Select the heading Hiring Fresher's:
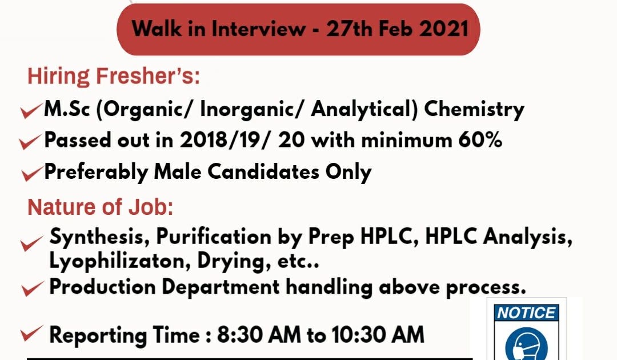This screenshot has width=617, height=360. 114,76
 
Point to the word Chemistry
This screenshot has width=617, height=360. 474,109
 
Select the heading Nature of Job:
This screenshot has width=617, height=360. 101,207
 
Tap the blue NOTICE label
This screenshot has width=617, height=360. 526,313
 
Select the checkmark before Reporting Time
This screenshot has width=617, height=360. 31,333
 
